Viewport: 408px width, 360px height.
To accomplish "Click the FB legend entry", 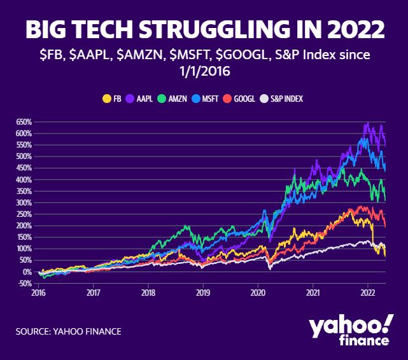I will tap(113, 99).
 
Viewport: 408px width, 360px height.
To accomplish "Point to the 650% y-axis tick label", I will tap(24, 121).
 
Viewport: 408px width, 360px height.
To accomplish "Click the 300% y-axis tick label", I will tap(24, 202).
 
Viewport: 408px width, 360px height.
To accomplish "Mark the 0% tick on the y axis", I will tap(27, 272).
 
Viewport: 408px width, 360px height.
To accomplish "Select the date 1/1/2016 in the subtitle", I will tap(204, 72).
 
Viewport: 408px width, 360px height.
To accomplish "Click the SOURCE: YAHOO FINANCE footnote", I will tap(69, 331).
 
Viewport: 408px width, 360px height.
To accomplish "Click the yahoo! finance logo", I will tap(349, 331).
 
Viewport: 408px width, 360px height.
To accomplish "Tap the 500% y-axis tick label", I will tap(24, 156).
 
